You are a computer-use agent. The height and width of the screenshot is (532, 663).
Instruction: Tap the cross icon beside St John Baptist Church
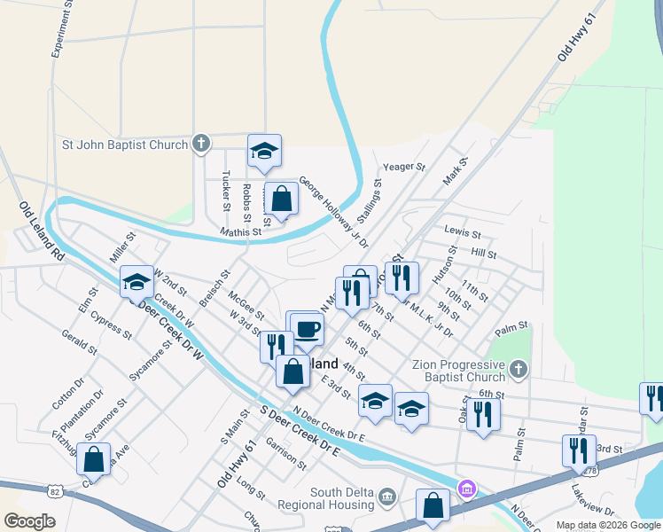click(201, 144)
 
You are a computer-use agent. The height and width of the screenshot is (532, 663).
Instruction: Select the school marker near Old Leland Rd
click(136, 282)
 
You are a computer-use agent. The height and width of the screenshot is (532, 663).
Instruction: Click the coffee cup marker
click(307, 329)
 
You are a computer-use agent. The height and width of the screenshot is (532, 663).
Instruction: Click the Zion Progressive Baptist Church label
click(458, 371)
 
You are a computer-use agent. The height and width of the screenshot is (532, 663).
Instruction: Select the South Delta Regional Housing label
click(341, 499)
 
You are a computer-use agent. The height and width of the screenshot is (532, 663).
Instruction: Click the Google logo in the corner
click(29, 521)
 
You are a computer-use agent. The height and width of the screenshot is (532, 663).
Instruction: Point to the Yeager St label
click(404, 167)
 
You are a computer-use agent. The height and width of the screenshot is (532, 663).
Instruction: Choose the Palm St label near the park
click(511, 328)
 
